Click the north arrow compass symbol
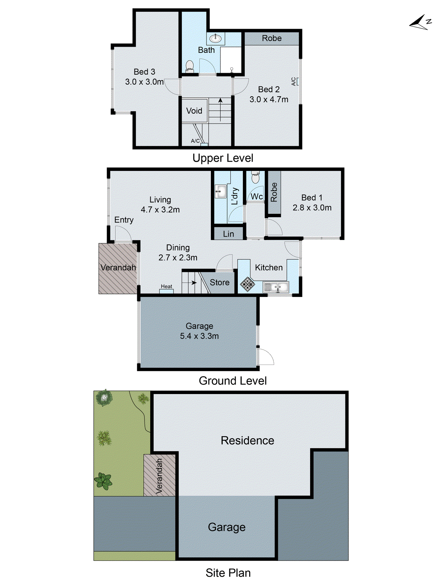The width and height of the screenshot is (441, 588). pos(420,23)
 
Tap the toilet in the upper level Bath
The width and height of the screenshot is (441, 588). pos(190,66)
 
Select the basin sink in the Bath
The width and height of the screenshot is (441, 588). pos(215,38)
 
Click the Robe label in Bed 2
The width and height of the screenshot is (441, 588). pos(272,38)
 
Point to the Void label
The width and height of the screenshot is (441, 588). pos(194,111)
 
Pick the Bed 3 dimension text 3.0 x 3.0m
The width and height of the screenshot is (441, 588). pos(144,82)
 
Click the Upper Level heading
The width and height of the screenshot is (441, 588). pos(223,158)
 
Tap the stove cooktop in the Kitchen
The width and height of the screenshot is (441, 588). pos(247,284)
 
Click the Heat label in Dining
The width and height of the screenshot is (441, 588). pos(166,287)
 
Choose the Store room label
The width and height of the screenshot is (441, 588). pos(219,282)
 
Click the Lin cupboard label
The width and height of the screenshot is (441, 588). pos(228,234)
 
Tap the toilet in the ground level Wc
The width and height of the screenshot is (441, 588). pos(255,178)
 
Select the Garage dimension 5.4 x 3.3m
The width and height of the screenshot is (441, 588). pos(199,336)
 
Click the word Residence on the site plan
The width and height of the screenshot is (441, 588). pos(247,440)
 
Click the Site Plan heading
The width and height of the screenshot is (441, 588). pos(228,573)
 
